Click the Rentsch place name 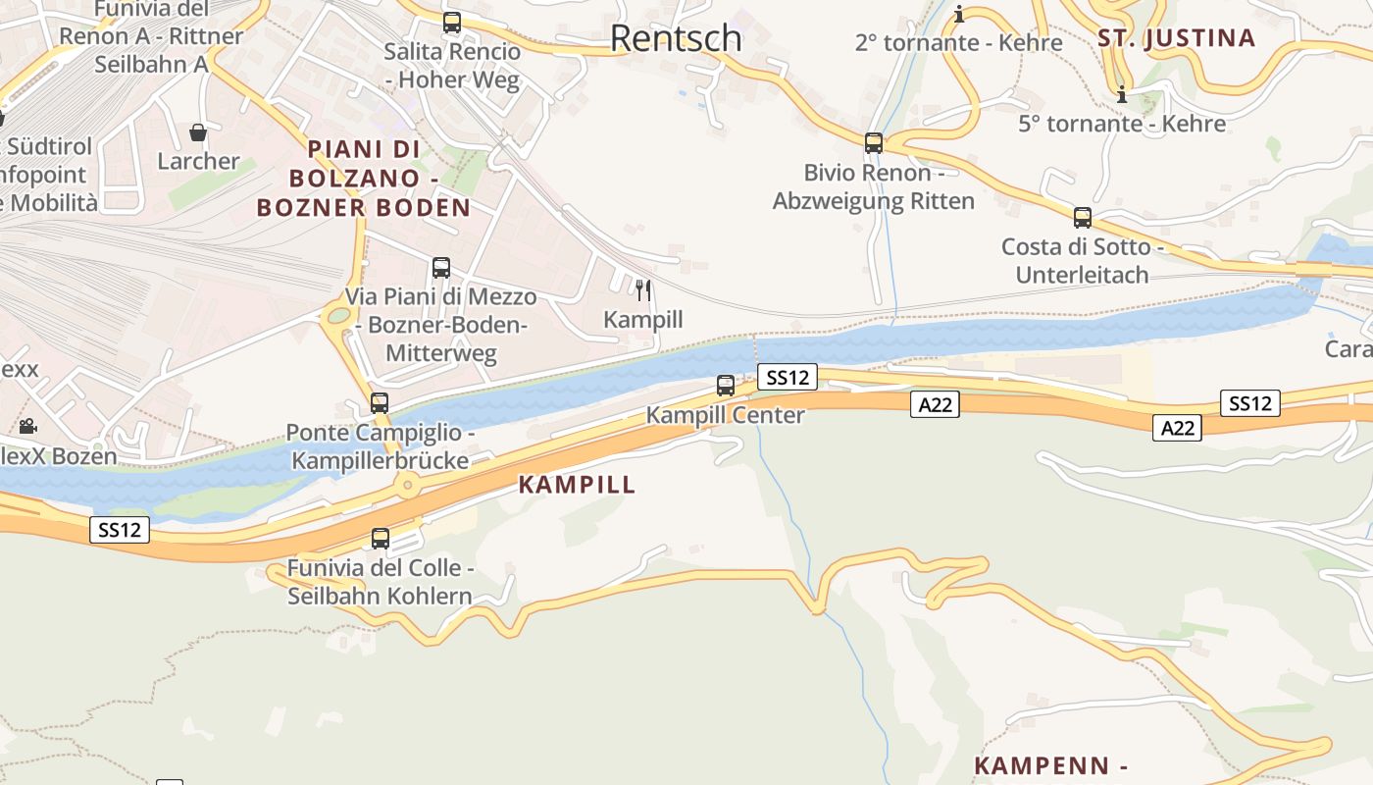coord(676,38)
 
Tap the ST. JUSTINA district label coord(1176,38)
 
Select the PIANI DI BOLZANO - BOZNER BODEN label coord(364,179)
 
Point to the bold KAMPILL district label coord(577,485)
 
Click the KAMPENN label coord(1049,765)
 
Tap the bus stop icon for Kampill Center coord(726,386)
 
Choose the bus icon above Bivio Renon coord(874,143)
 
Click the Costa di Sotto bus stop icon coord(1083,218)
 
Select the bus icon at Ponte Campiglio coord(380,402)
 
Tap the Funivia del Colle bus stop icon coord(381,538)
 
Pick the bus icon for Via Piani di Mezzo coord(441,267)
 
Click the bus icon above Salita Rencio coord(452,23)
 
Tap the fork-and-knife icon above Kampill coord(643,289)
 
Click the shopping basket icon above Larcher coord(198,132)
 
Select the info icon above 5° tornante coord(1122,95)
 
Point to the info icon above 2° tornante coord(959,15)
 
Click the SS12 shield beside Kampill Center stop coord(787,376)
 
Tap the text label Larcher coord(199,161)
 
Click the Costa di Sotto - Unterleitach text coord(1083,261)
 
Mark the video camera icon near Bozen coord(27,427)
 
